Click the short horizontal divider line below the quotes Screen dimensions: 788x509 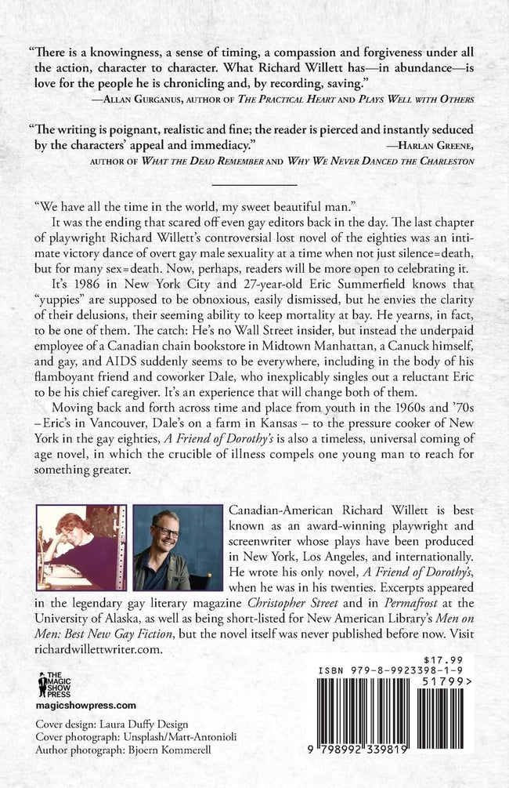point(254,183)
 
